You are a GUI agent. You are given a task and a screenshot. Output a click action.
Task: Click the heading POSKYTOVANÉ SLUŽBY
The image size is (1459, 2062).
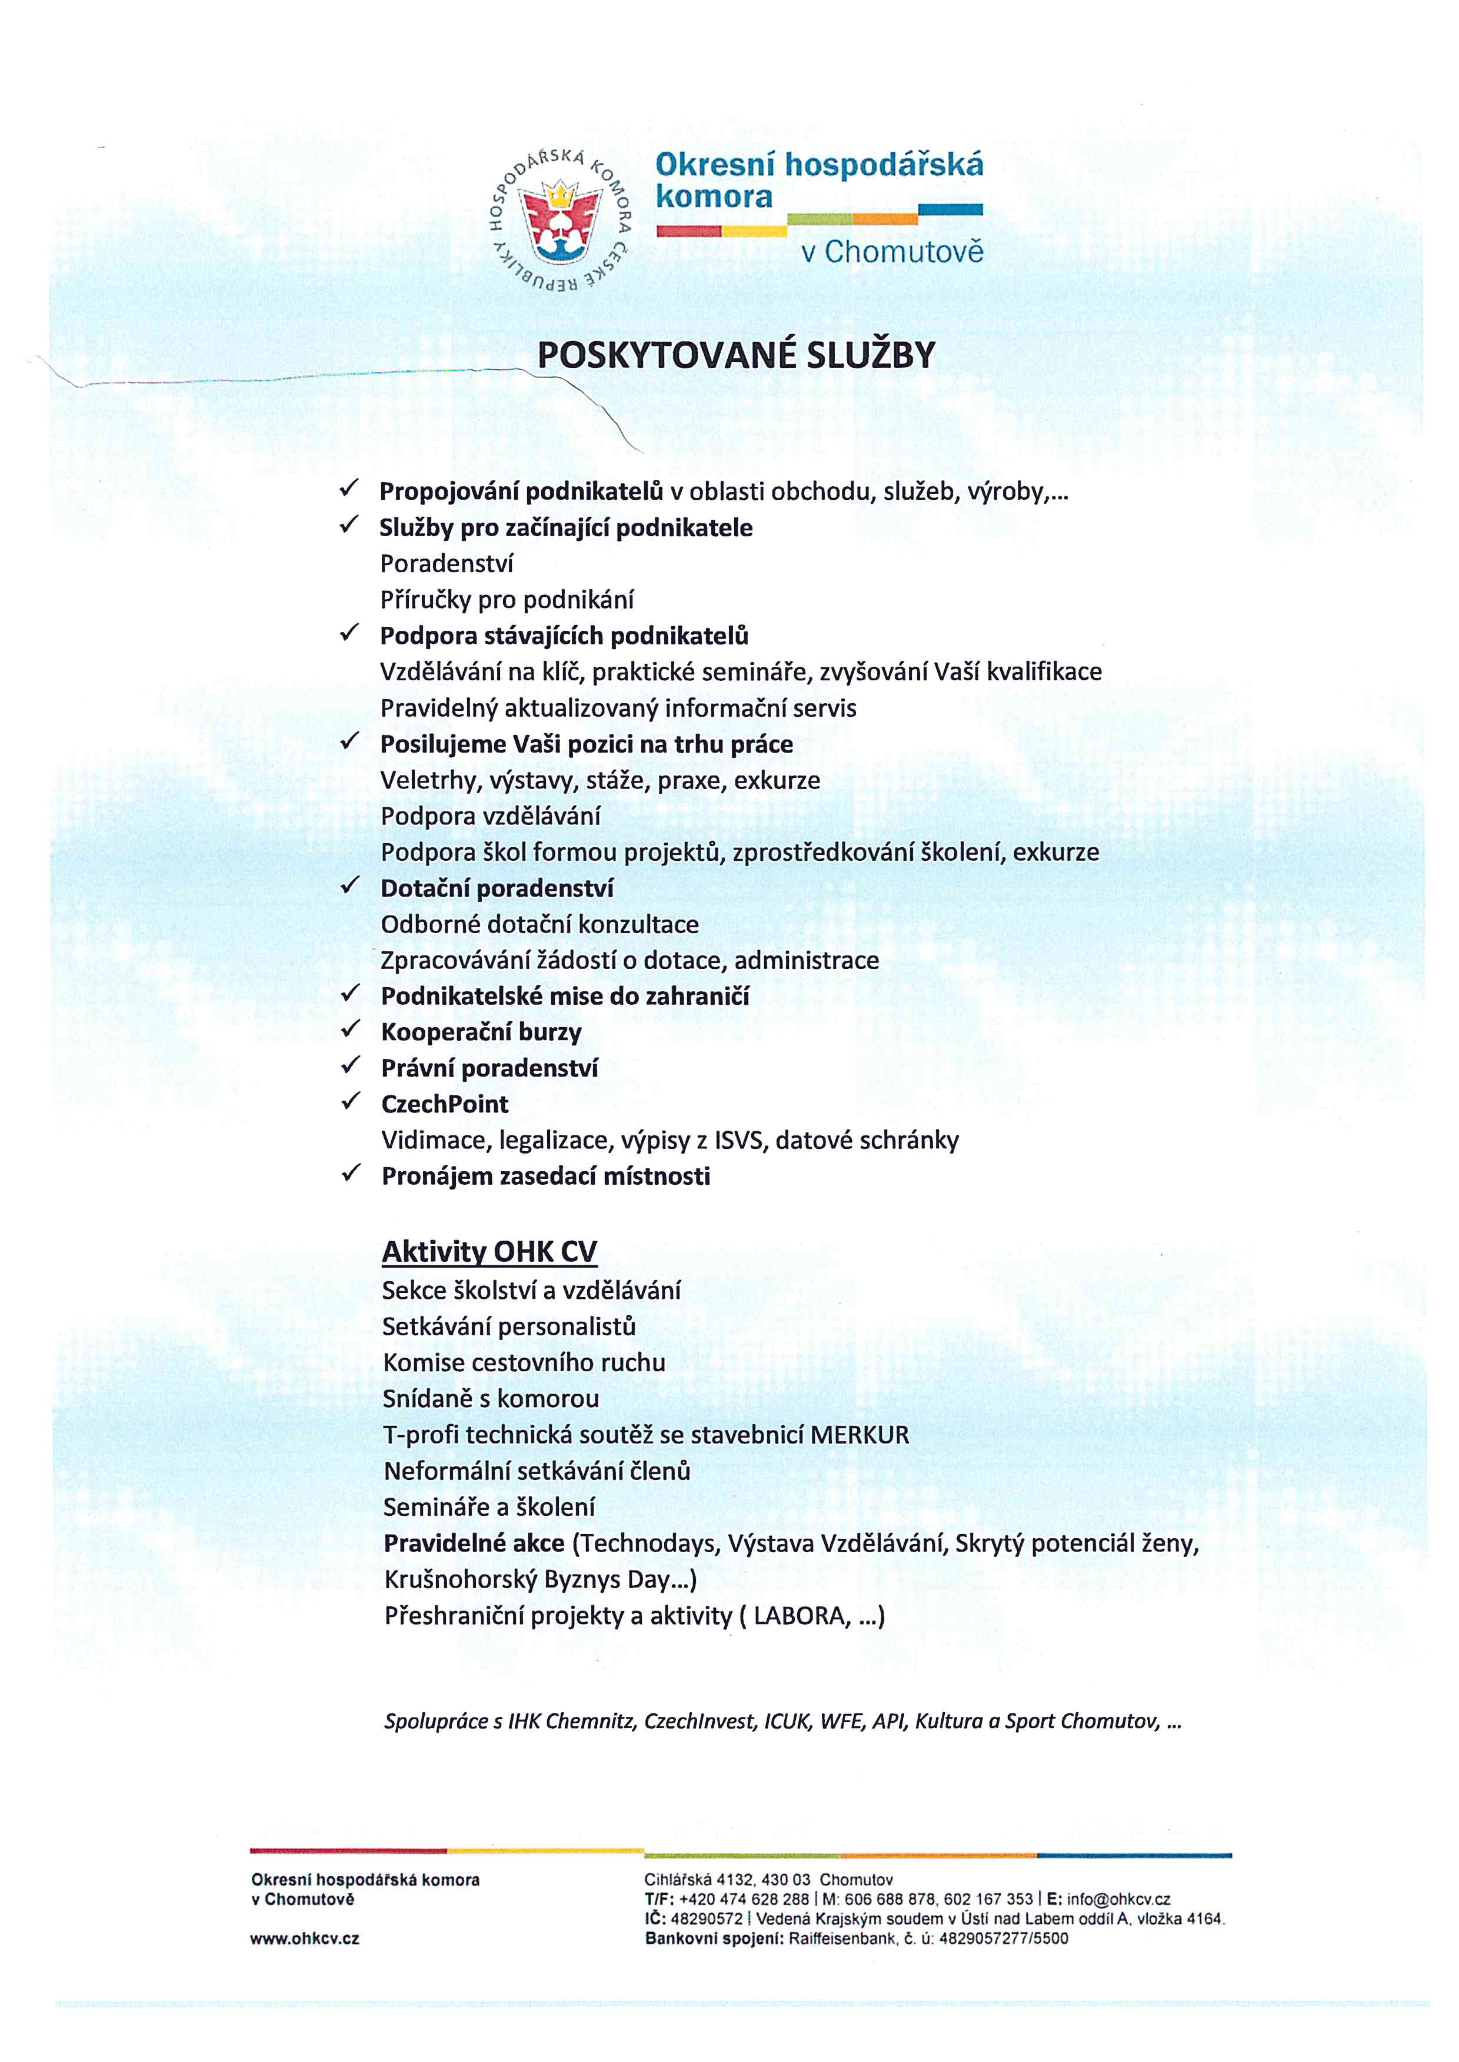pos(736,356)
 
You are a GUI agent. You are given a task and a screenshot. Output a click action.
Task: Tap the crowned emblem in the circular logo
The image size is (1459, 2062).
pos(561,219)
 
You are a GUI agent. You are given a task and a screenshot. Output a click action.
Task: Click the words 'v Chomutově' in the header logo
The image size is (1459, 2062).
pos(892,252)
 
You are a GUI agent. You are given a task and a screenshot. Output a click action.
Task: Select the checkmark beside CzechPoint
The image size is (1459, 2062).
pos(351,1101)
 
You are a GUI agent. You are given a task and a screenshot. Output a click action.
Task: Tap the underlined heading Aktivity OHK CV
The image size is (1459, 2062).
pos(489,1251)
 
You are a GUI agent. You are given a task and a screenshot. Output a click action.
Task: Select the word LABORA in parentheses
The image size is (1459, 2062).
pos(801,1616)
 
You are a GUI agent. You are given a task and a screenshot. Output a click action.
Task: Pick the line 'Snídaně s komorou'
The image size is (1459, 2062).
pos(491,1398)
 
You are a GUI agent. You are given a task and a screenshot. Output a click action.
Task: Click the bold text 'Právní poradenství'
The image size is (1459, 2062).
pos(489,1068)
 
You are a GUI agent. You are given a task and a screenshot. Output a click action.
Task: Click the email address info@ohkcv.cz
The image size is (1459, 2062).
pos(1118,1900)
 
